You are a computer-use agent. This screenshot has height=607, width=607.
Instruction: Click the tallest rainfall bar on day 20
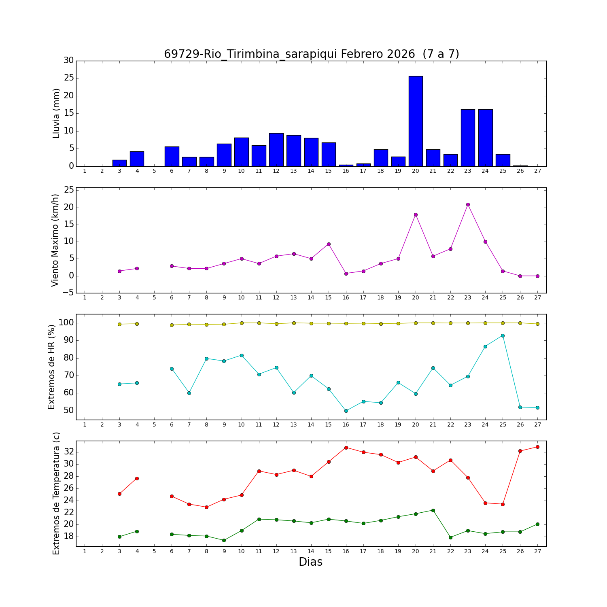coord(416,121)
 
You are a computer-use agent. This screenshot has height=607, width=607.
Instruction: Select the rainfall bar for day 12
coord(276,150)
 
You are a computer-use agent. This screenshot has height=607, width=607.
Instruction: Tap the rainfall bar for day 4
coord(137,159)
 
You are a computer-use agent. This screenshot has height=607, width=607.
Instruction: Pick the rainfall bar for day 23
coord(468,138)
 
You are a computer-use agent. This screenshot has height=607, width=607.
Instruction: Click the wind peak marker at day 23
coord(468,204)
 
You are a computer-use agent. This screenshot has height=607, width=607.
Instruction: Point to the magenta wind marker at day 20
coord(416,214)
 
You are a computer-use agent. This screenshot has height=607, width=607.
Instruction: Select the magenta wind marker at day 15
coord(329,244)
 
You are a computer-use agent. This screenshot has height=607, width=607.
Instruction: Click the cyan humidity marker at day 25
coord(503,335)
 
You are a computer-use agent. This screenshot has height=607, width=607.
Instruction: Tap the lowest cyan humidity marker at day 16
coord(346,411)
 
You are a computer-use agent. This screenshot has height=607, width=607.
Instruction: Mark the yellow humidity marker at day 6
coord(172,325)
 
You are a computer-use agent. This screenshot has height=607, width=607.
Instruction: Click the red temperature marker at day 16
coord(346,448)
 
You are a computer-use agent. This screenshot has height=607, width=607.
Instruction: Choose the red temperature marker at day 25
coord(503,504)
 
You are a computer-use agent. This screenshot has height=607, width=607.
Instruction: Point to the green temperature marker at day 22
coord(450,537)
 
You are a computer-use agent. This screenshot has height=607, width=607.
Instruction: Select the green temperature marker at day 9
coord(224,540)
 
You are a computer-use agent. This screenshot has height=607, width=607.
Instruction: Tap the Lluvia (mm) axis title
coord(56,113)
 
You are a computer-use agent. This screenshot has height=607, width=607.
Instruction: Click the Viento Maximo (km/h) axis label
coord(55,240)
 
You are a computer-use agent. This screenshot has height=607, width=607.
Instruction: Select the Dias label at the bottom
coord(310,562)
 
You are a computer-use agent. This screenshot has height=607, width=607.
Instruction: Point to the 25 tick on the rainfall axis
coord(69,78)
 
